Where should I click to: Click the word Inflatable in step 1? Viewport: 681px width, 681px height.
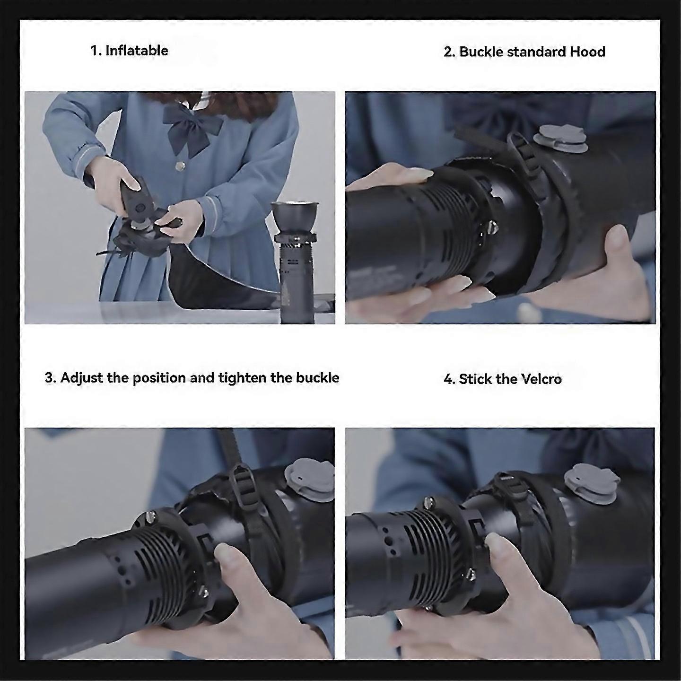137,51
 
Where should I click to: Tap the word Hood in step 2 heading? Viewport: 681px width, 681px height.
587,52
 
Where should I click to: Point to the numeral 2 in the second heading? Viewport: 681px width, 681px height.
448,52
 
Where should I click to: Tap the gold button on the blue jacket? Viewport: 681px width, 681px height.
180,166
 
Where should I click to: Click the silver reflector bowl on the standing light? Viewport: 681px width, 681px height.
295,215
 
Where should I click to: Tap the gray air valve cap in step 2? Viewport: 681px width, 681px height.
560,139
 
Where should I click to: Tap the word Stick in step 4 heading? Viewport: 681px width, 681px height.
474,379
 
